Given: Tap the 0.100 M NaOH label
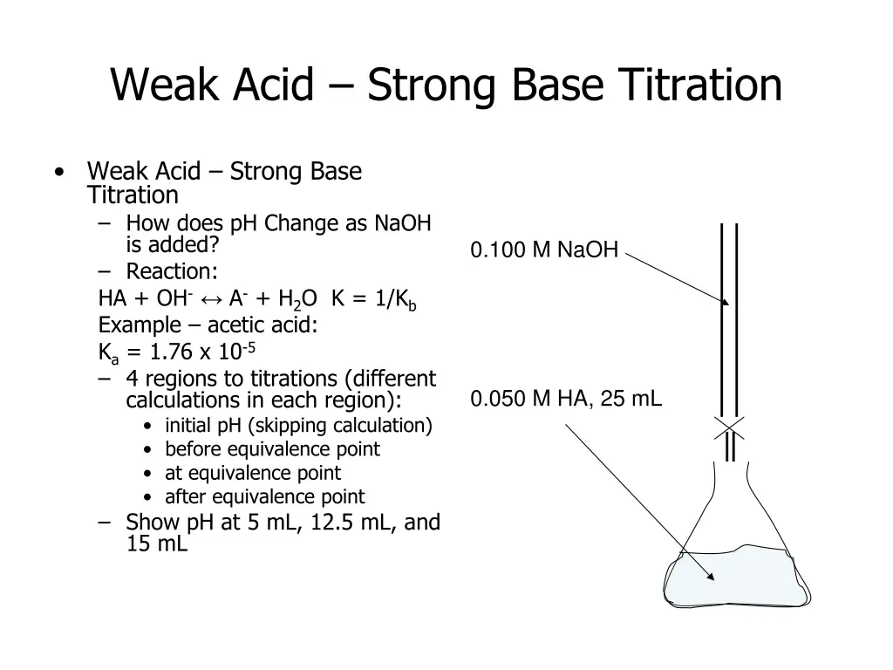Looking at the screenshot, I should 544,251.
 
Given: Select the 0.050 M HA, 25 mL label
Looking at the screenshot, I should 566,400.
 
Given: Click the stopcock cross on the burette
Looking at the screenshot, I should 729,427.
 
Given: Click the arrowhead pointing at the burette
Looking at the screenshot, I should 725,301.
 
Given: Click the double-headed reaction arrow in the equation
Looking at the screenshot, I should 211,298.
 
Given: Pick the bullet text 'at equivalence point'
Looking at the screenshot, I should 253,473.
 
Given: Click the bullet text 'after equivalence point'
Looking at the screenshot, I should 264,496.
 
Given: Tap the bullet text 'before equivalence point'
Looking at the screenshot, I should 272,449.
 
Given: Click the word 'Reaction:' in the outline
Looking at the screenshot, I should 172,271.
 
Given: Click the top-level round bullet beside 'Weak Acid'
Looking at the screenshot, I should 58,171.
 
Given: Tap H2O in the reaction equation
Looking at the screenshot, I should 297,299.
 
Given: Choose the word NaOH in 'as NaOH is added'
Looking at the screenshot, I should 402,223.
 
